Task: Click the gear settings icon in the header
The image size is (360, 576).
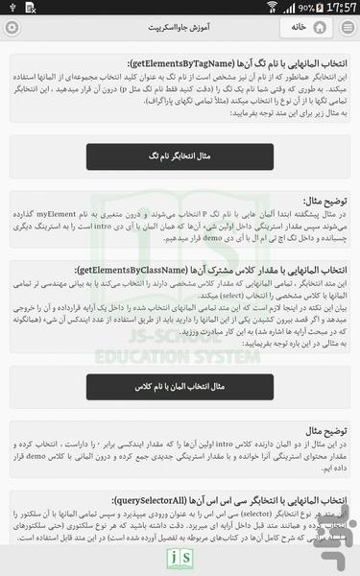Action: pos(12,27)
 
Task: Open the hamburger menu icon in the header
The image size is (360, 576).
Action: pos(347,27)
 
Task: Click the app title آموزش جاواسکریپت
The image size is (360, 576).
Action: pos(180,27)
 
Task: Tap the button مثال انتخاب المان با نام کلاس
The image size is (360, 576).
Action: pos(180,386)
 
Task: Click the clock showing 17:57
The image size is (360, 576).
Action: pos(341,7)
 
